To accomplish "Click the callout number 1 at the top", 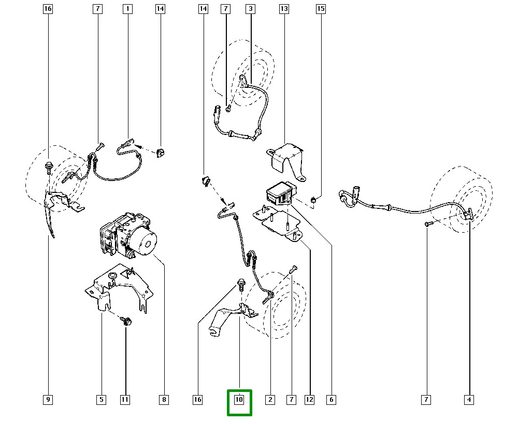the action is pyautogui.click(x=127, y=9).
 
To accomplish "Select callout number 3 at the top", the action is pyautogui.click(x=250, y=9).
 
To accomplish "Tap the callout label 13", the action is pyautogui.click(x=284, y=9).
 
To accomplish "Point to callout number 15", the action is pyautogui.click(x=321, y=9).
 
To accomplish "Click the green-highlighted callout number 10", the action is pyautogui.click(x=239, y=400).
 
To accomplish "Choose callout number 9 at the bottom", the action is pyautogui.click(x=48, y=400).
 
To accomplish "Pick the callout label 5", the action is pyautogui.click(x=102, y=400).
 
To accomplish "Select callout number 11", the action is pyautogui.click(x=125, y=400).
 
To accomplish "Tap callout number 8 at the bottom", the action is pyautogui.click(x=164, y=400).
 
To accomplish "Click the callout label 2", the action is pyautogui.click(x=270, y=400).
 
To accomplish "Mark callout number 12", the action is pyautogui.click(x=309, y=400).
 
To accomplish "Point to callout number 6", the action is pyautogui.click(x=331, y=400).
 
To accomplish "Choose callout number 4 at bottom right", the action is pyautogui.click(x=469, y=400).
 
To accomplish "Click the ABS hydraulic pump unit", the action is pyautogui.click(x=128, y=235).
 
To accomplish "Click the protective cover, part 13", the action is pyautogui.click(x=286, y=161).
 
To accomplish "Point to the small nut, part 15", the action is pyautogui.click(x=313, y=199).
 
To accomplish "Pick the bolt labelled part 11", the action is pyautogui.click(x=126, y=321).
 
